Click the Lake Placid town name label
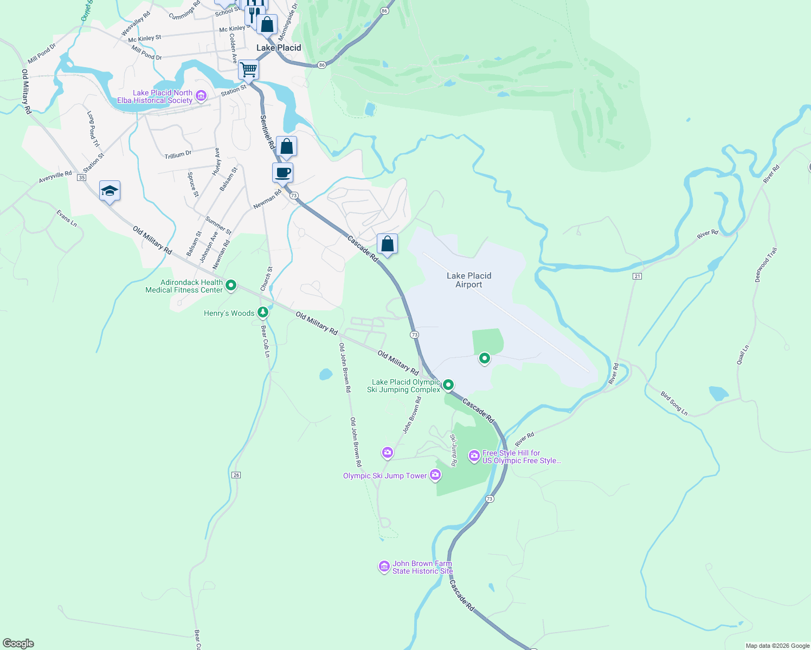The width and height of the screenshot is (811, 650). [x=279, y=48]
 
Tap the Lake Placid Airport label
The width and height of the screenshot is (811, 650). [x=469, y=280]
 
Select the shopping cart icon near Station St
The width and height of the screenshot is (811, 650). [x=248, y=69]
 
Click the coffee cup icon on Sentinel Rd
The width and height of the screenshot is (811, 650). [x=282, y=173]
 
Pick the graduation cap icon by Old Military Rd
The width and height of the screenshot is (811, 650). [x=110, y=191]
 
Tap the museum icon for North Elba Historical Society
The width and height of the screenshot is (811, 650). [x=201, y=96]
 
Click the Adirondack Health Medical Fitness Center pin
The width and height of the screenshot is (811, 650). [x=230, y=285]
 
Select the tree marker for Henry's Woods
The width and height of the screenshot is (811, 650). [x=263, y=312]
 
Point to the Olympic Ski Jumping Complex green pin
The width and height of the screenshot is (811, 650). [x=448, y=385]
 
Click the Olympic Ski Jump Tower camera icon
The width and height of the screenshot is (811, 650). [x=435, y=475]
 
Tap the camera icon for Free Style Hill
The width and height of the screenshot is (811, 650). [x=474, y=456]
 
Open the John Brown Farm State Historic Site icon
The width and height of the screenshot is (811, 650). [x=384, y=567]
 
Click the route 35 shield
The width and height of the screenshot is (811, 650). [x=81, y=178]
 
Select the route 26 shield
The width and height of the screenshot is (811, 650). [x=236, y=475]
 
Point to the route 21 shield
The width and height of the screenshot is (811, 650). [x=637, y=276]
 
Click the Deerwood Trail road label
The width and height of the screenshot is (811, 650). [x=766, y=265]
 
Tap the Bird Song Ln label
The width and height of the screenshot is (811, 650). [x=674, y=404]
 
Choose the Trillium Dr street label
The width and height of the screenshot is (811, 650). [x=178, y=155]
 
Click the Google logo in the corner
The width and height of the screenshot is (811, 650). [x=18, y=643]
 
